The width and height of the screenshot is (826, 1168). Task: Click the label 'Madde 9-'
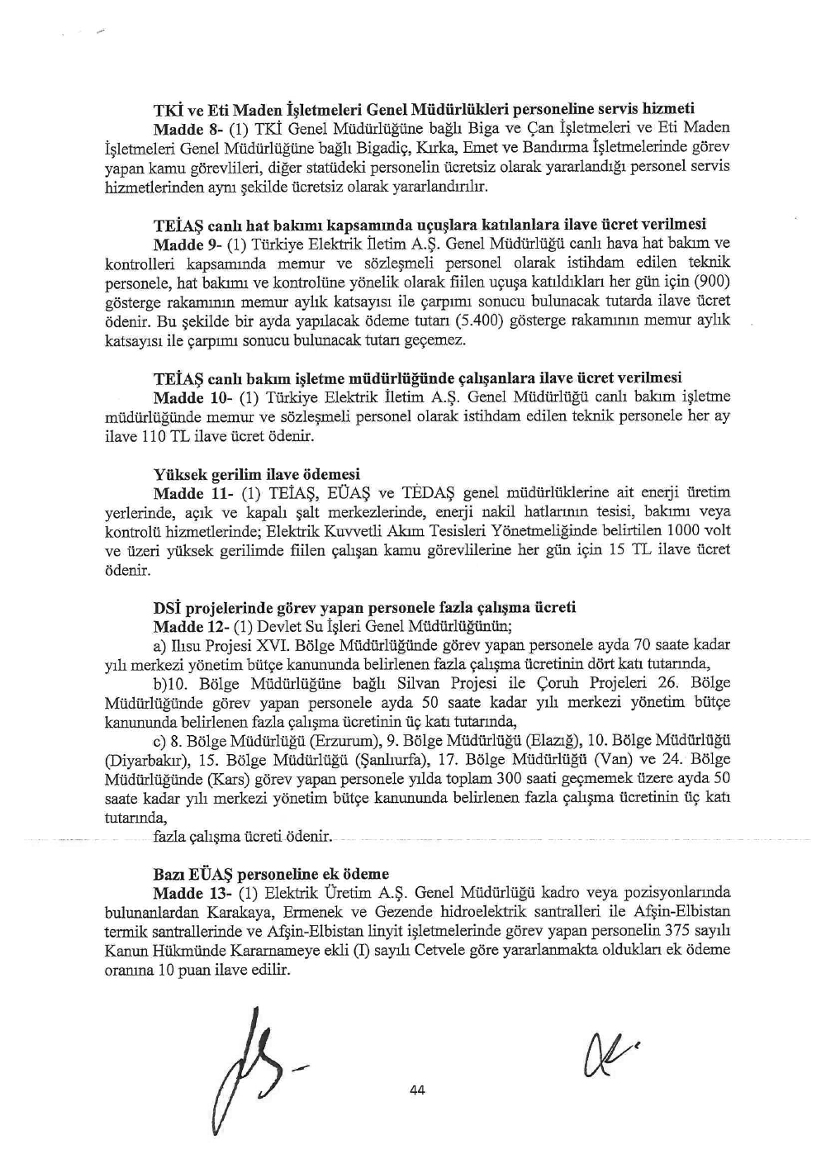[184, 245]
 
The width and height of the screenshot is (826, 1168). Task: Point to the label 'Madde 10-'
[188, 397]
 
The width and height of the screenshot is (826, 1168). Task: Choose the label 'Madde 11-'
[188, 494]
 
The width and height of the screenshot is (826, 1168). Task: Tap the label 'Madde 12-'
[188, 627]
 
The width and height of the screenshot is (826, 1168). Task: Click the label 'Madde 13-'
[188, 893]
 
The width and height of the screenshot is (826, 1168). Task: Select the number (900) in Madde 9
[712, 283]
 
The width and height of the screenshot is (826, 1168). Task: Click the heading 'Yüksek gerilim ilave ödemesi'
[257, 475]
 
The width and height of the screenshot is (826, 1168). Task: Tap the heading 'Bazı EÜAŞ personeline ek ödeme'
[271, 874]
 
